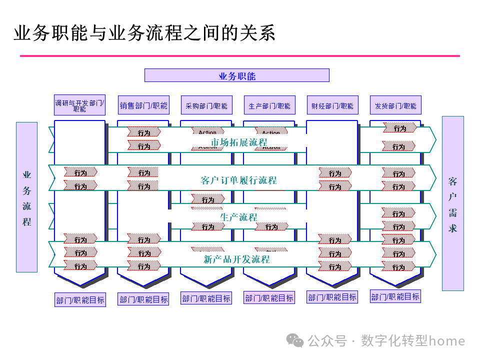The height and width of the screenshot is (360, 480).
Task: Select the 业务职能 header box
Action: pyautogui.click(x=236, y=75)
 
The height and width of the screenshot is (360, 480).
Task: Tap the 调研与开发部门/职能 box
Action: pyautogui.click(x=79, y=105)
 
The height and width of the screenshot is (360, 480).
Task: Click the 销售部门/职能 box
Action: pyautogui.click(x=143, y=105)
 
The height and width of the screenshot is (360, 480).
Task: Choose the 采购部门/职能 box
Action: pyautogui.click(x=206, y=105)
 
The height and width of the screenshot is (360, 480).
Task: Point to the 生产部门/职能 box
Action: pyautogui.click(x=269, y=105)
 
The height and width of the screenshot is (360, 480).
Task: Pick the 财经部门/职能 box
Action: pyautogui.click(x=332, y=105)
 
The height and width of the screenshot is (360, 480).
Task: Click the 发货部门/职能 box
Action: pyautogui.click(x=395, y=105)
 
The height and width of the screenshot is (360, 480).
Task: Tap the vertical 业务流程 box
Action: pyautogui.click(x=26, y=197)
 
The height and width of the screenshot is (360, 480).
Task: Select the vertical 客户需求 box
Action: pyautogui.click(x=453, y=203)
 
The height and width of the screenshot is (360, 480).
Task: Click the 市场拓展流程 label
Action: pyautogui.click(x=239, y=142)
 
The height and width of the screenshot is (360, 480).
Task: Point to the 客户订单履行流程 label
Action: pyautogui.click(x=238, y=180)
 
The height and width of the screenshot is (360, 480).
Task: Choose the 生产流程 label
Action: pyautogui.click(x=238, y=217)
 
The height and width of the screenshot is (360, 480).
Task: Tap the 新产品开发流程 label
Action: pyautogui.click(x=236, y=259)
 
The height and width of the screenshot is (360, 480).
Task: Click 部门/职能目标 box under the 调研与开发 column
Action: pyautogui.click(x=80, y=300)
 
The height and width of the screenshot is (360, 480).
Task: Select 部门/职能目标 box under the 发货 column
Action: pyautogui.click(x=395, y=296)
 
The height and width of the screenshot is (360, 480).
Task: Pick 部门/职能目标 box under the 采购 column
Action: pyautogui.click(x=206, y=298)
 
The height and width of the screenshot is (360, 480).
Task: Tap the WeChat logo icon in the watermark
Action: pyautogui.click(x=297, y=341)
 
